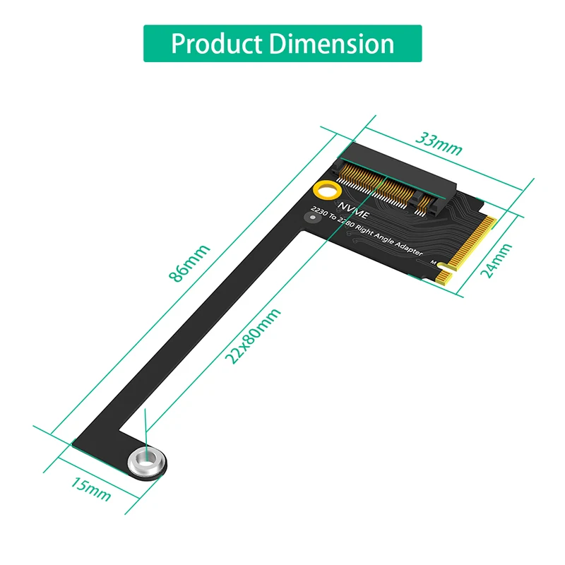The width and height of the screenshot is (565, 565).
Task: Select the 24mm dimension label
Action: [x=498, y=261]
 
